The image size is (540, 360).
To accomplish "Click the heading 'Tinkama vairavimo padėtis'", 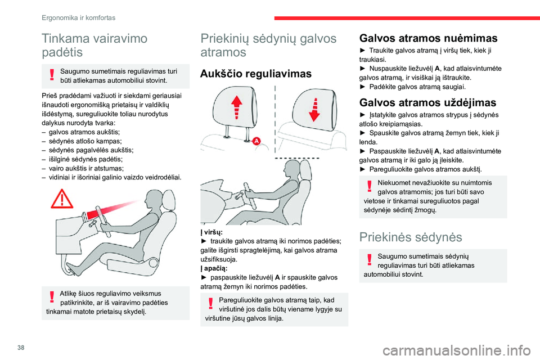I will tap(94, 46).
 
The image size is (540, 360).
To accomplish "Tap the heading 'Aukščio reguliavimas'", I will tap(255, 74).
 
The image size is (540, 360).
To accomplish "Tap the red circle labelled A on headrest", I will tap(256, 141).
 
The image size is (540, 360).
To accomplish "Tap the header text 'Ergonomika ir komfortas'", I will tap(79, 18).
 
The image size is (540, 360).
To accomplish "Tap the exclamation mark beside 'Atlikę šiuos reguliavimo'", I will tap(51, 297).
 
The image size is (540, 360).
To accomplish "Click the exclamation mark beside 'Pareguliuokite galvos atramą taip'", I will tap(210, 304).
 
